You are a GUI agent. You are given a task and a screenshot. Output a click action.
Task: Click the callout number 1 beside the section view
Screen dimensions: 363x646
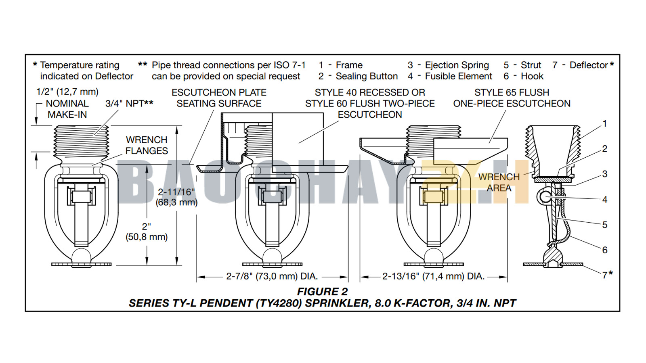(x=604, y=123)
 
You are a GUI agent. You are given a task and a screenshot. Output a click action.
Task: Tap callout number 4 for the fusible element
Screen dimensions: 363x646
(x=604, y=199)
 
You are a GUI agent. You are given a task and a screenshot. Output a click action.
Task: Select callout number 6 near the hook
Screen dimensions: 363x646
(x=604, y=250)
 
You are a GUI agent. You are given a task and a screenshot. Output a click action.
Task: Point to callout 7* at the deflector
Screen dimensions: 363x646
(x=607, y=275)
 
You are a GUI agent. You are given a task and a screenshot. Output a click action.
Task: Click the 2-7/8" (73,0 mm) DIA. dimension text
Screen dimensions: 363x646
(x=272, y=276)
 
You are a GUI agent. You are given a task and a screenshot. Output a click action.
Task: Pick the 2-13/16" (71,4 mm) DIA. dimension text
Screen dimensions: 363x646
(x=433, y=276)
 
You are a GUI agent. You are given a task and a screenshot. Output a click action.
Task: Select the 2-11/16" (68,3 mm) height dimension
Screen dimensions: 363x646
(x=176, y=197)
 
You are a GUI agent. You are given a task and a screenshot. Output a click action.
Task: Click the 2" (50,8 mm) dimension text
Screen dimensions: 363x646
(x=147, y=232)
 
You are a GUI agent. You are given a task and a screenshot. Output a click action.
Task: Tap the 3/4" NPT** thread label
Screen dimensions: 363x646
(x=129, y=104)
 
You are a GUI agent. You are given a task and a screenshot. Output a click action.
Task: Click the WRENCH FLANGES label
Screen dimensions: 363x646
(x=147, y=145)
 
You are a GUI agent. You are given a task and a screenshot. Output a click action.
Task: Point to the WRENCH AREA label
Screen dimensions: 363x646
(x=499, y=182)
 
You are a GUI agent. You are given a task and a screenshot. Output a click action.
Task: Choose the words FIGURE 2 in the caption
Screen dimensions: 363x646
(x=322, y=292)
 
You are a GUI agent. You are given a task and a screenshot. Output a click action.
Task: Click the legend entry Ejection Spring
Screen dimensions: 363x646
(x=457, y=65)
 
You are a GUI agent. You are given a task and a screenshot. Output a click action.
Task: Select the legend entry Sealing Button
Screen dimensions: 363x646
(x=367, y=76)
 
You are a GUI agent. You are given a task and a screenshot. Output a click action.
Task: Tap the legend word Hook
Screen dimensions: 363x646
(x=532, y=76)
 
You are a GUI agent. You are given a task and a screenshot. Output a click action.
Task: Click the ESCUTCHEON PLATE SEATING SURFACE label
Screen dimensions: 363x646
(x=219, y=98)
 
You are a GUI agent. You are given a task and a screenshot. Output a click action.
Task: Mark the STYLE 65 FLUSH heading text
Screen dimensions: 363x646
(x=512, y=92)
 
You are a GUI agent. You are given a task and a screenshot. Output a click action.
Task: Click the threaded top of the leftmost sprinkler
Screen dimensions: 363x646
(x=81, y=141)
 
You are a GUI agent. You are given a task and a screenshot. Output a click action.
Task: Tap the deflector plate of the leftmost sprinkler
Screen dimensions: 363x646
(x=81, y=265)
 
